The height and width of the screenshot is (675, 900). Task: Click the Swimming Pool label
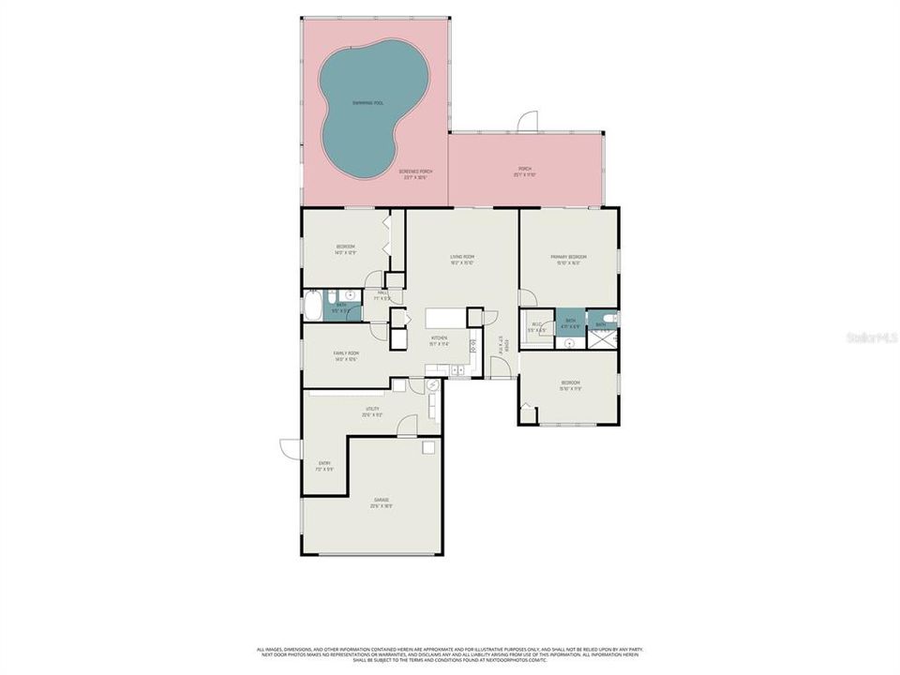pos(367,103)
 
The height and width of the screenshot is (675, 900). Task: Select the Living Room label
pos(462,259)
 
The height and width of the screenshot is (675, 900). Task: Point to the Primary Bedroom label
pos(568,259)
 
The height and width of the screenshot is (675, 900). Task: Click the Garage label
pos(381,502)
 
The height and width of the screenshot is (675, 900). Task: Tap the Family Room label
pos(346,355)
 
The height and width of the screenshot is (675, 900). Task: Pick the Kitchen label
pos(439,340)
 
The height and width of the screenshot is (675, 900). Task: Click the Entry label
pos(324,465)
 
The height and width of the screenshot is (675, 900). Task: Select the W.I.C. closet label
pos(536,327)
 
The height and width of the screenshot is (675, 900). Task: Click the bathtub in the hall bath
pos(312,307)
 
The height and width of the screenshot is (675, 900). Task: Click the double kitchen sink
pos(457,371)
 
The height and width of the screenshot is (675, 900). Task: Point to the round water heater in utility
pos(432,385)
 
